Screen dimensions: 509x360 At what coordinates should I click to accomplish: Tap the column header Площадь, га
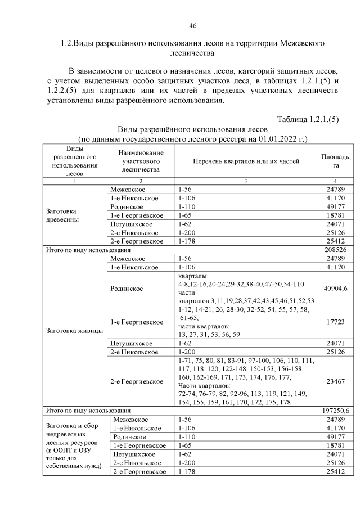click(x=335, y=161)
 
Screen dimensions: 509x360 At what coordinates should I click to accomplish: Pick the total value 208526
click(x=335, y=249)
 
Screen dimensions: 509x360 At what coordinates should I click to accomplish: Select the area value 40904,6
click(x=335, y=289)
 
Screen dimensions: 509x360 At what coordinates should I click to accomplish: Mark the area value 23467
click(x=335, y=381)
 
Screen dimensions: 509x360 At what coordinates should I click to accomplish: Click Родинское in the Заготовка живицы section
click(x=127, y=289)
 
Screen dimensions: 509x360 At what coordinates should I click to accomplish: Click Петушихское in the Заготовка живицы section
click(x=129, y=343)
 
